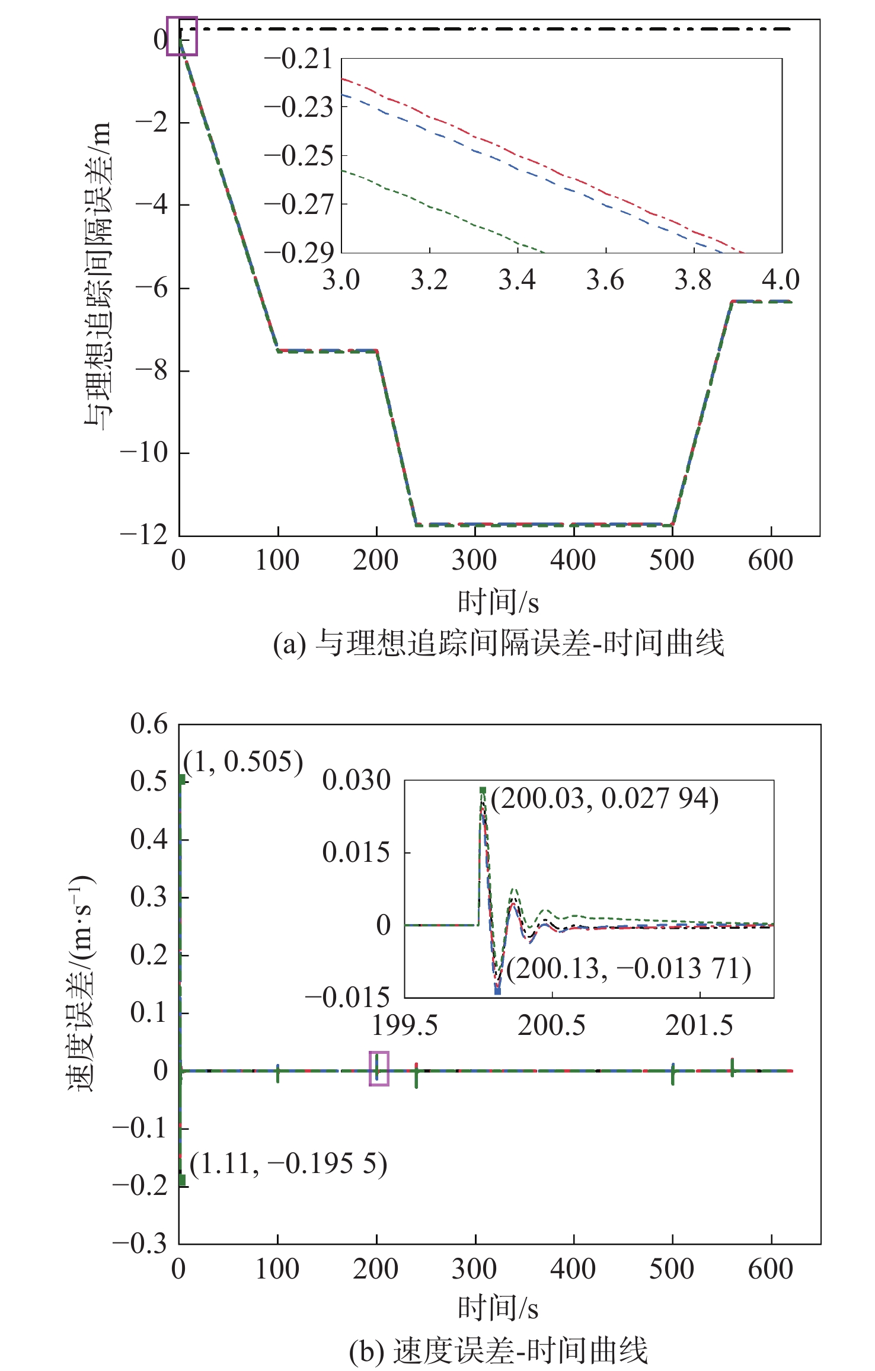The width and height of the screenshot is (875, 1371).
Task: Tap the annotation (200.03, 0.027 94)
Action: click(x=604, y=799)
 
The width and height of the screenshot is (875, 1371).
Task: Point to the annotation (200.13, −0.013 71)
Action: click(x=628, y=969)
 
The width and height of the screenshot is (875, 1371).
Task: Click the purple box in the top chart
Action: click(x=182, y=36)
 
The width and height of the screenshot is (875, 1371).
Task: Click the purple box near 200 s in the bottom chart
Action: click(x=379, y=1068)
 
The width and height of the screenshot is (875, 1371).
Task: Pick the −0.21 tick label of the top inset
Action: click(x=299, y=59)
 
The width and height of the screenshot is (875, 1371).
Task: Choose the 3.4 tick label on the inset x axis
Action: click(x=517, y=280)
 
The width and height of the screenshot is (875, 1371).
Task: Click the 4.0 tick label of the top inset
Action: click(x=781, y=280)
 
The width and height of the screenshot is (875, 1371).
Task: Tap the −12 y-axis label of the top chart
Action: click(x=145, y=535)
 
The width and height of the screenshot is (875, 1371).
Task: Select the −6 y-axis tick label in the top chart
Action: click(x=152, y=288)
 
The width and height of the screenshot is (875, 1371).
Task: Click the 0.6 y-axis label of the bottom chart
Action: click(x=149, y=724)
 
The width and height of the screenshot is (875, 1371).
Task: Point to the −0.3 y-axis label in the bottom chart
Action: click(x=140, y=1244)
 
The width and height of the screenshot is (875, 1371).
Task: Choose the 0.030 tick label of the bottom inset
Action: click(x=356, y=781)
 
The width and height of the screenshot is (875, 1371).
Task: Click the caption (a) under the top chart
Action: click(x=498, y=643)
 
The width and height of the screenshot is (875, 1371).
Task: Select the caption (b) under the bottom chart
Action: click(x=498, y=1351)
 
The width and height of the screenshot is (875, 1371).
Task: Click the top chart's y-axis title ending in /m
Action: click(x=97, y=276)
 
